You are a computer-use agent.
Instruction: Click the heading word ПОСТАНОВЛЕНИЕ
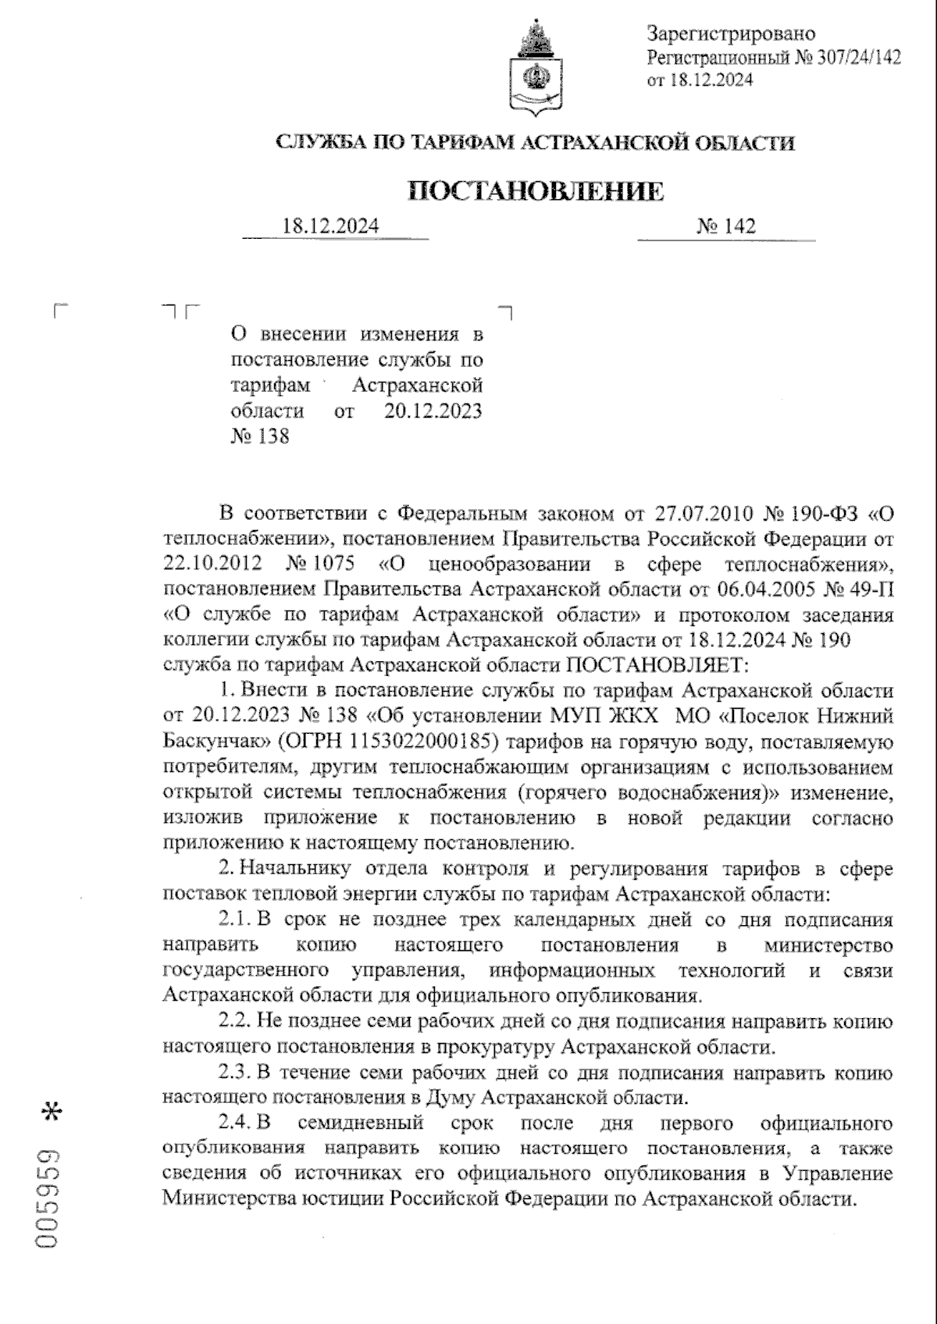536,191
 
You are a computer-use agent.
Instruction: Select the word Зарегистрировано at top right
731,34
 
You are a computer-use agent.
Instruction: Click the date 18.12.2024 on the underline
331,226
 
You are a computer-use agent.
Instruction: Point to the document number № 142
726,226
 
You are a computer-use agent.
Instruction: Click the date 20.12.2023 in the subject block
433,411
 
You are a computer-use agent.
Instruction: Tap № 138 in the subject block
260,436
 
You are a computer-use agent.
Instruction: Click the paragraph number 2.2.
233,1021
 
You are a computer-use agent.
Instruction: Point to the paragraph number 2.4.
233,1123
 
